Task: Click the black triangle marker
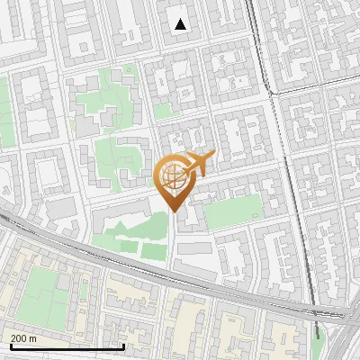pos(181,24)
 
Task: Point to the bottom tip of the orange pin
pos(174,211)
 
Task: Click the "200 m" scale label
pos(23,338)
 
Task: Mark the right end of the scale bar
pos(123,346)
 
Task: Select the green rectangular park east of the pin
pos(231,210)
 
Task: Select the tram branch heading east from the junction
pos(315,83)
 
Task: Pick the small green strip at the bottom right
pos(317,331)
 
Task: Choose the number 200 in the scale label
pos(18,338)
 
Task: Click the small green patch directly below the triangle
pos(163,111)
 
